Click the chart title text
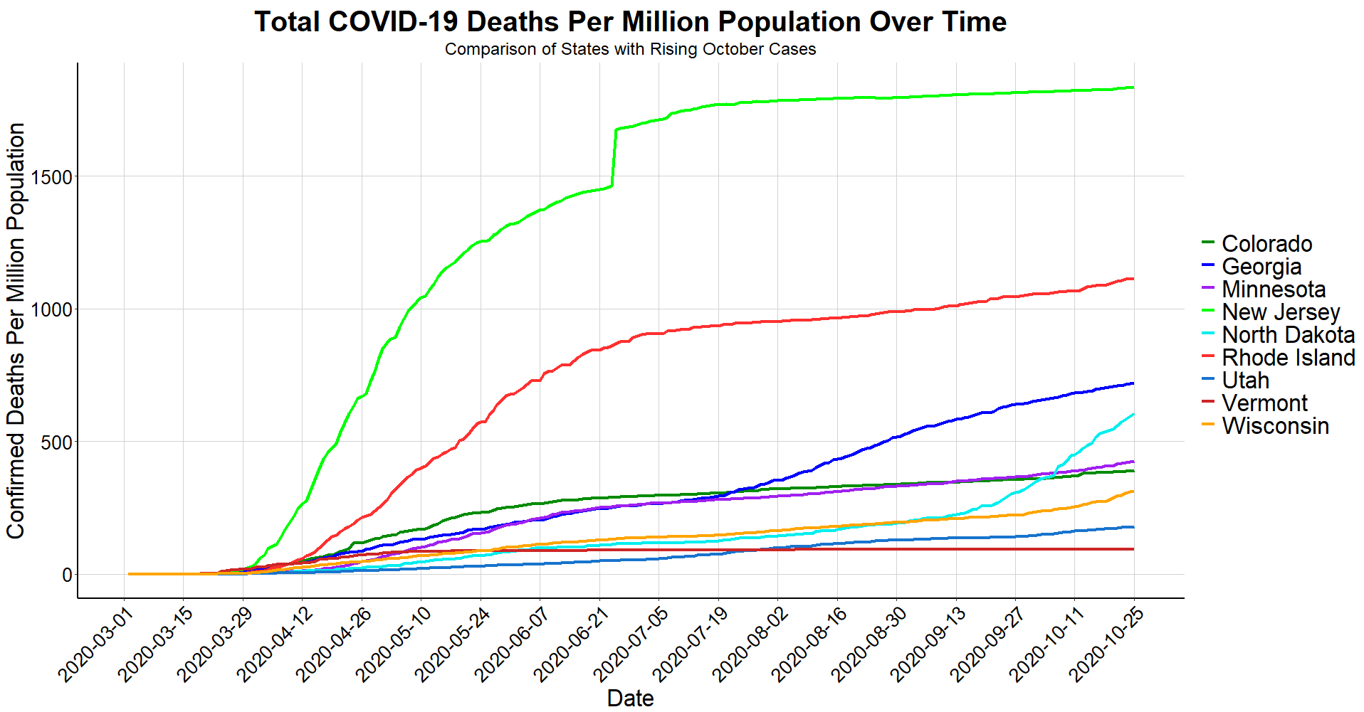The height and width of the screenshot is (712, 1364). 630,22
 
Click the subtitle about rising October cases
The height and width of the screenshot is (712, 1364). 630,50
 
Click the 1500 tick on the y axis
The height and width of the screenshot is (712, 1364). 58,177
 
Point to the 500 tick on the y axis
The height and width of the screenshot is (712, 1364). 62,442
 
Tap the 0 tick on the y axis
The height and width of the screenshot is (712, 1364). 68,575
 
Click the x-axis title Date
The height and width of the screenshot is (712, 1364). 630,698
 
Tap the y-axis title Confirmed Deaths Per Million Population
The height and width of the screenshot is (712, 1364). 16,331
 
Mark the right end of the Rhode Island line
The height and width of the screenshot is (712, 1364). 1133,279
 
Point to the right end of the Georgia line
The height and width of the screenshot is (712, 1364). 1133,383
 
